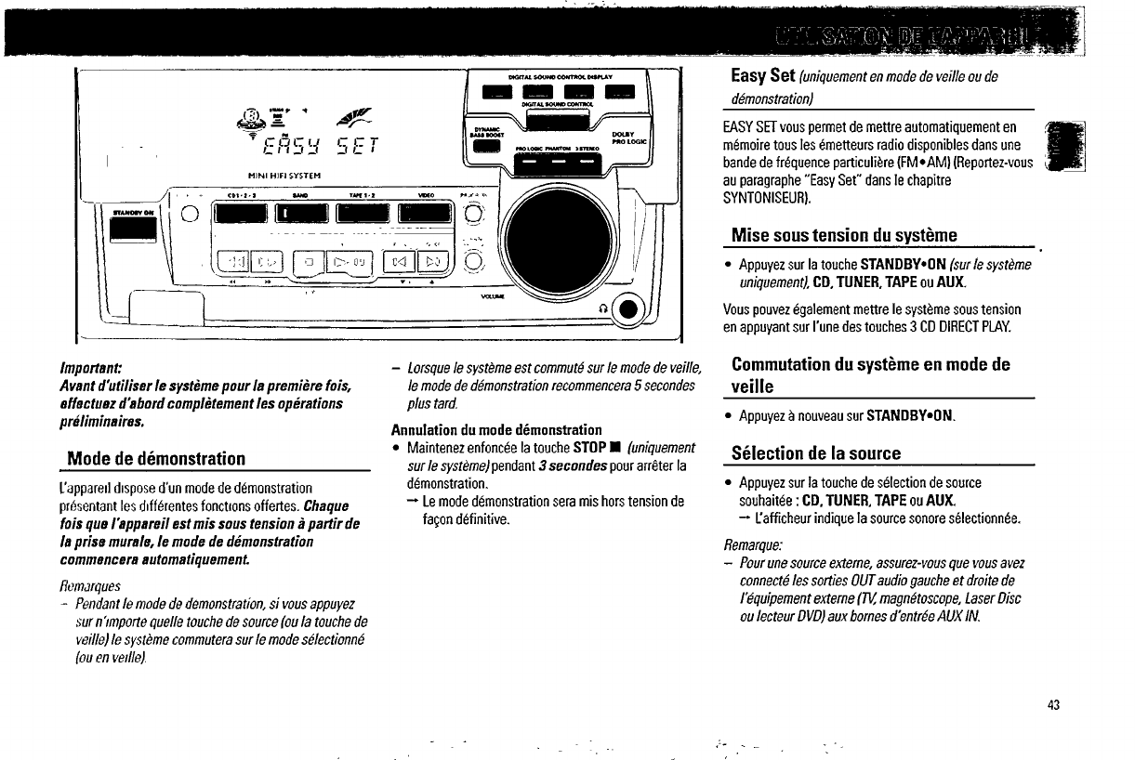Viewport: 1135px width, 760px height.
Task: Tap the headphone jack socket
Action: (629, 311)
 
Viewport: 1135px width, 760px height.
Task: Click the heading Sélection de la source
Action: (816, 453)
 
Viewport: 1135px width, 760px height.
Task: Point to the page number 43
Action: (1052, 704)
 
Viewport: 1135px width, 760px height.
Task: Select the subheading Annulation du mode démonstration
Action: (496, 430)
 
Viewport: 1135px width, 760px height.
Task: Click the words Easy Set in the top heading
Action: (761, 76)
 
